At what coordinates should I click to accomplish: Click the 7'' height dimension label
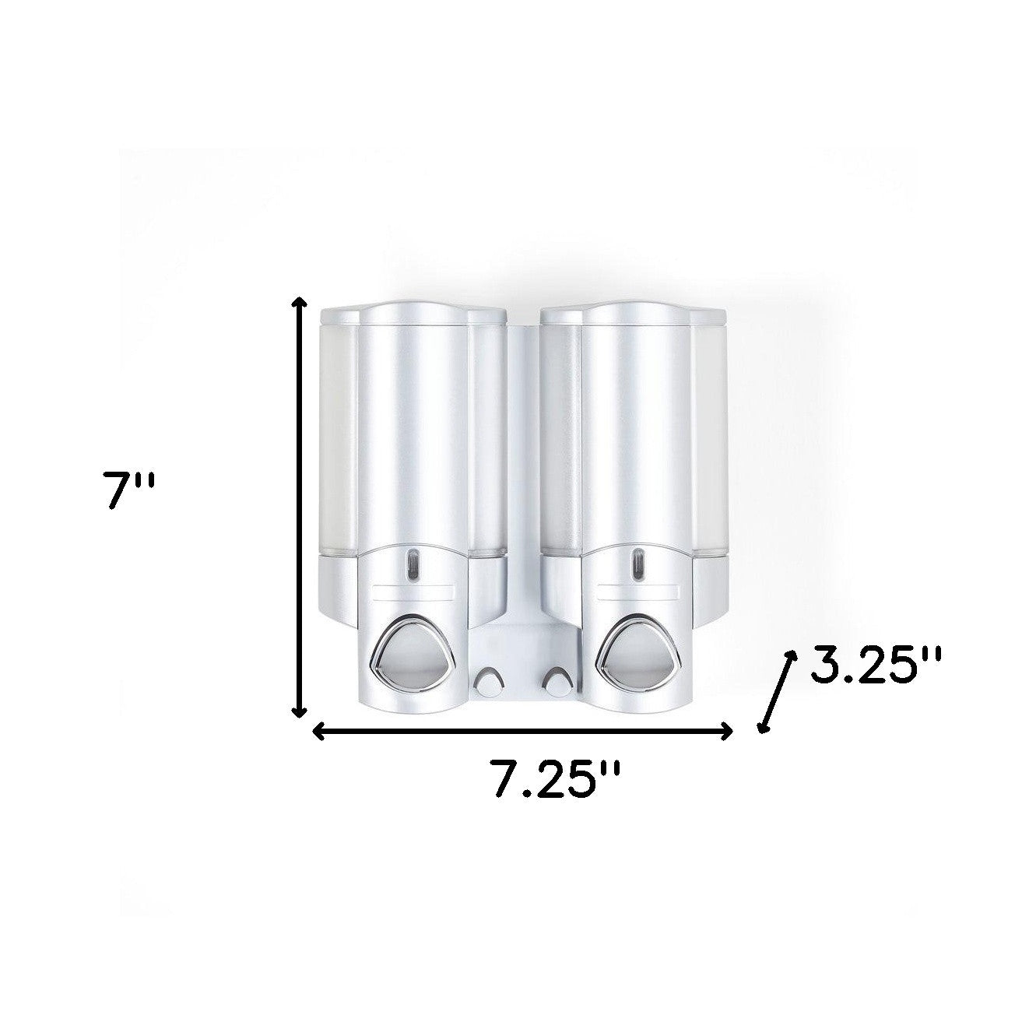tap(131, 490)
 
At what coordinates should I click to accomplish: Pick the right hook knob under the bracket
tap(556, 683)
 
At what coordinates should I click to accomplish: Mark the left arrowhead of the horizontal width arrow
tap(318, 731)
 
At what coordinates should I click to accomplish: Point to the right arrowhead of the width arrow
tap(727, 731)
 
